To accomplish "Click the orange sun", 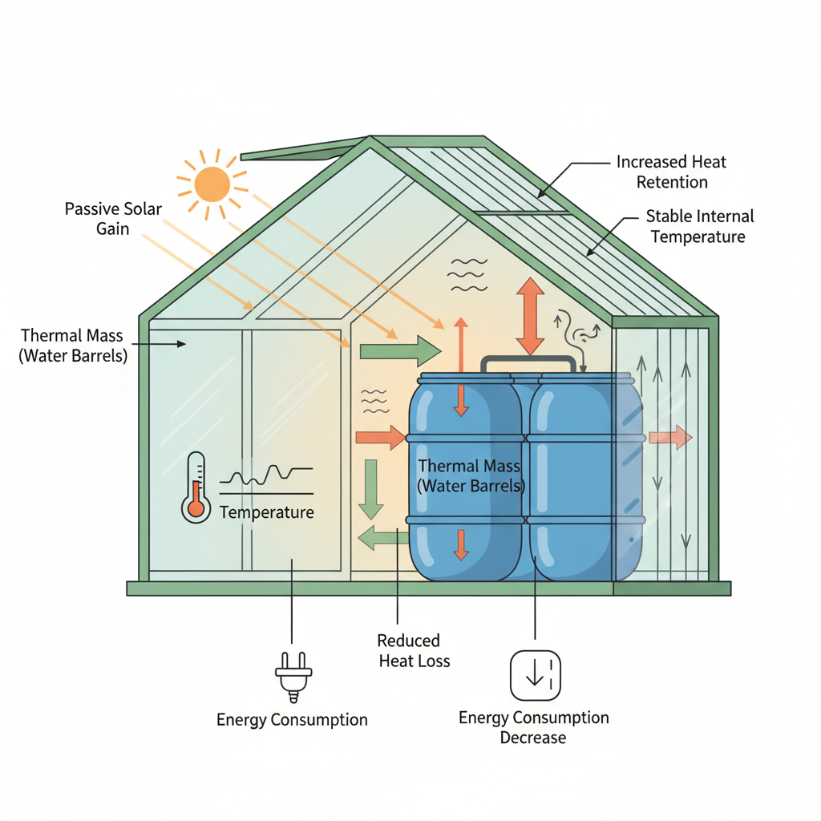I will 212,184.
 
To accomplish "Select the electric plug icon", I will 293,676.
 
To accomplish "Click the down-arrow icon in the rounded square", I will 535,675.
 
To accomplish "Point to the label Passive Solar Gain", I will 113,219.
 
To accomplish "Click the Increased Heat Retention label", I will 671,172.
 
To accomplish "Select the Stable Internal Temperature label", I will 699,227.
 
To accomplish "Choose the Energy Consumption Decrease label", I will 533,727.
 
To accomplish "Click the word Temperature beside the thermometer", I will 266,512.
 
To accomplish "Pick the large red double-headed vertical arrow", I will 530,316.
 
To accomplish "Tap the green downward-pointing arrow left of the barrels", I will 370,488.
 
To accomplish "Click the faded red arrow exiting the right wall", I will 670,437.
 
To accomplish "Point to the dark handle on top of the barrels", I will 528,363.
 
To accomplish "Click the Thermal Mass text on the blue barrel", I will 470,475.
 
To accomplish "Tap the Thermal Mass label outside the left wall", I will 73,346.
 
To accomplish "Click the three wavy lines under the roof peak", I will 467,274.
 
